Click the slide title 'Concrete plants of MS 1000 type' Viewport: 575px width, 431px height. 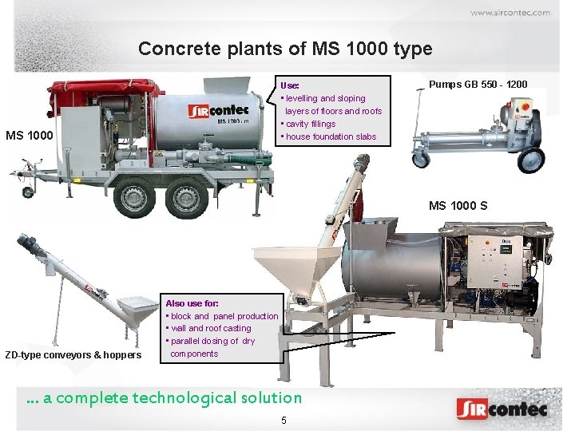285,49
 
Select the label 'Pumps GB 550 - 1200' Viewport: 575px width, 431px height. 478,84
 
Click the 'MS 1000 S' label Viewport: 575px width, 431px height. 458,206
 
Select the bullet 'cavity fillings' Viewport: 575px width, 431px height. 308,124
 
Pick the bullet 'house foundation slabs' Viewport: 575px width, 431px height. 329,136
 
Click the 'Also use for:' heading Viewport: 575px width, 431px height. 192,303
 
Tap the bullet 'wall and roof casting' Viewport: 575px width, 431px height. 209,328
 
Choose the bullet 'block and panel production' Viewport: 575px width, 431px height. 222,316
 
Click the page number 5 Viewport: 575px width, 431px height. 283,421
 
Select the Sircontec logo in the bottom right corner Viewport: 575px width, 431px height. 502,409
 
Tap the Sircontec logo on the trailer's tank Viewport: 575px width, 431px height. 218,109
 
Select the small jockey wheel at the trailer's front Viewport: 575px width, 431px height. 28,192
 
